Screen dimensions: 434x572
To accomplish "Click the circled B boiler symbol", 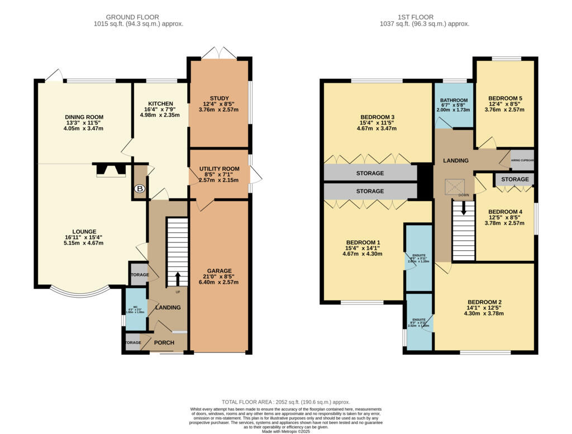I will click(x=140, y=190).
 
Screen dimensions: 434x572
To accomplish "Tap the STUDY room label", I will click(x=219, y=99).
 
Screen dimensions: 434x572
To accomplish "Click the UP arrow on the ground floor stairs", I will click(x=178, y=278).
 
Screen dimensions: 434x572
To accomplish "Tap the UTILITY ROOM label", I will click(x=219, y=169).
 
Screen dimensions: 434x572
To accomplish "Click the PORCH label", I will click(x=164, y=342).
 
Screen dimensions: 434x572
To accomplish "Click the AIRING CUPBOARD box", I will click(x=522, y=160).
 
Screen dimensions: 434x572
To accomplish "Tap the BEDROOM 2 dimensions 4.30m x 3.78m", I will click(x=484, y=313).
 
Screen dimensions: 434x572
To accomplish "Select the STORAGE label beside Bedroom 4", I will click(x=514, y=179).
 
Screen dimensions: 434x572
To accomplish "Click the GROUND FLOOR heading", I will click(x=132, y=17).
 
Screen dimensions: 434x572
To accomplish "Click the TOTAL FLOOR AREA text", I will click(x=286, y=402).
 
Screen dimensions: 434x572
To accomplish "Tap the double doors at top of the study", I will click(x=219, y=53).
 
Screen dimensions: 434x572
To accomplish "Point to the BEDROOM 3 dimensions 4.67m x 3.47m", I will click(x=377, y=128).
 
